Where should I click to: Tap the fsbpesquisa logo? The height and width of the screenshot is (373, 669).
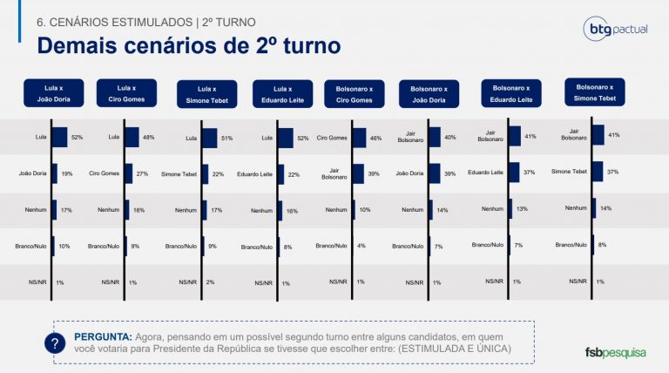(616, 353)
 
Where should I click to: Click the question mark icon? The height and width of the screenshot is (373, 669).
(56, 343)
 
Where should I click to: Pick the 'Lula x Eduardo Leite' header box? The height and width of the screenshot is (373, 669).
(282, 94)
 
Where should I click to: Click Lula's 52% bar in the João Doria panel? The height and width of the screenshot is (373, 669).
(59, 137)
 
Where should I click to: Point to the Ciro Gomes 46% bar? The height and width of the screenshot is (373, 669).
(360, 137)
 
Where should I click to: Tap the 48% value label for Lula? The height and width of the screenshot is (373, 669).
(149, 137)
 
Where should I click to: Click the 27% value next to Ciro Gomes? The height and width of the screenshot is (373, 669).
(142, 173)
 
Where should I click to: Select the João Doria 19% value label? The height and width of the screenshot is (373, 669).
(67, 173)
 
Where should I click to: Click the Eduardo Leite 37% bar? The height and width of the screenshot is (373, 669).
(514, 172)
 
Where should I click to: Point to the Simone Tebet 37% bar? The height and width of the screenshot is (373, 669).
(598, 171)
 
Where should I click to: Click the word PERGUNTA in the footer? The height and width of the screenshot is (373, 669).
(103, 336)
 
